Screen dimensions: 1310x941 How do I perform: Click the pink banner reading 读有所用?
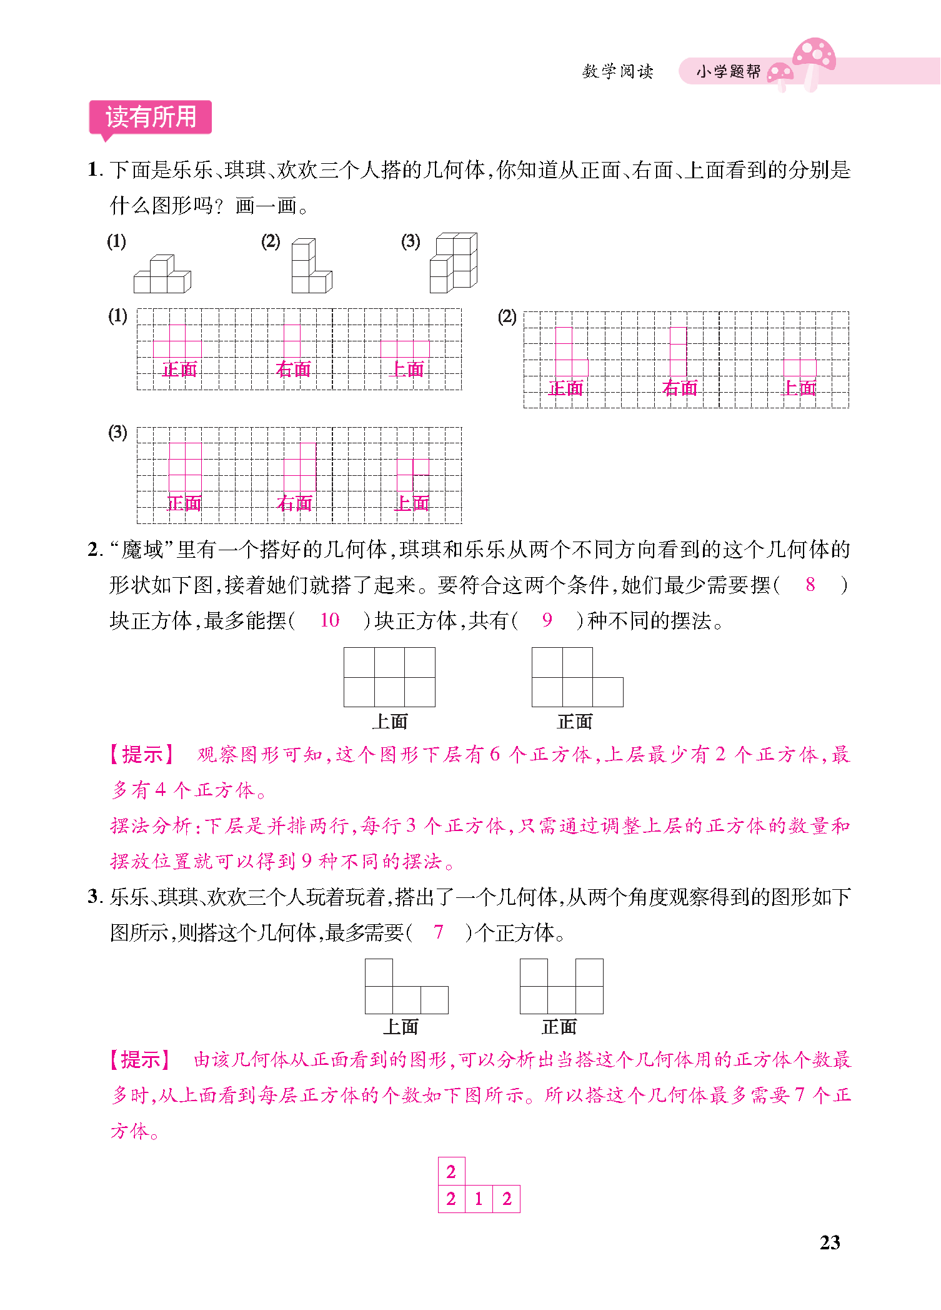(x=151, y=117)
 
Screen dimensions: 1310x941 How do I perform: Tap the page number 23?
(x=830, y=1242)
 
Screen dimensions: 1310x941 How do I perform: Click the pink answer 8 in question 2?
(x=810, y=585)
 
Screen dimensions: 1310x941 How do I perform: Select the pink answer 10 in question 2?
(x=329, y=620)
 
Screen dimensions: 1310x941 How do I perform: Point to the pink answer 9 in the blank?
(x=547, y=620)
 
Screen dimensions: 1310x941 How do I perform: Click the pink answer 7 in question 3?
(x=439, y=932)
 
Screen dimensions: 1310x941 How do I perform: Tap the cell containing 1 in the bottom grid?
(x=479, y=1199)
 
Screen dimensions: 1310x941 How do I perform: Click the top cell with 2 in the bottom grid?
(x=451, y=1171)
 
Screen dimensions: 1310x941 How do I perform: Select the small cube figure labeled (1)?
(x=162, y=275)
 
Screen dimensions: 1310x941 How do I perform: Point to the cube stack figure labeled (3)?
(x=454, y=263)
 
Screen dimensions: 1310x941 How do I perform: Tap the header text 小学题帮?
(x=729, y=72)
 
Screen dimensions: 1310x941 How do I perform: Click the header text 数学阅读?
(x=617, y=72)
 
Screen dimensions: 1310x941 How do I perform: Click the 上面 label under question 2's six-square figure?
(x=389, y=722)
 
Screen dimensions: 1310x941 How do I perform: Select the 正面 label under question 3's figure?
(x=559, y=1027)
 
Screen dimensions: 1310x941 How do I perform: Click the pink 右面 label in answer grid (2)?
(x=680, y=388)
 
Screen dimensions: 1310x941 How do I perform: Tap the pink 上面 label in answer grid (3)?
(x=412, y=503)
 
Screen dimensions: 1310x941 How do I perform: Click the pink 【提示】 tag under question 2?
(x=142, y=755)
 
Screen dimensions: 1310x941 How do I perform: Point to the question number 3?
(x=94, y=897)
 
